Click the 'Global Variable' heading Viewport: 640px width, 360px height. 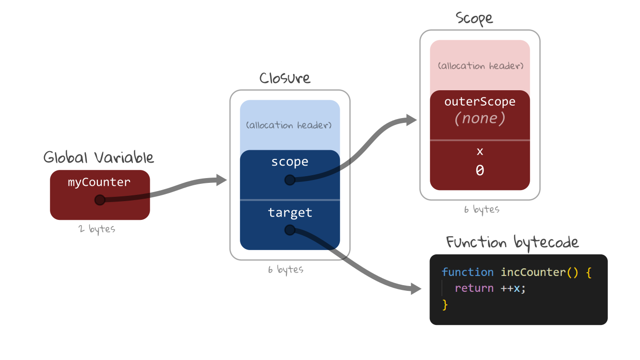(98, 157)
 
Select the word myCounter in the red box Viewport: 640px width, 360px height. (99, 182)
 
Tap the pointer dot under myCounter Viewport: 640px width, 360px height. (99, 200)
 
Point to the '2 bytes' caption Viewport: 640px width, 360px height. (97, 229)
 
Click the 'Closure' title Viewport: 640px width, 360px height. (284, 78)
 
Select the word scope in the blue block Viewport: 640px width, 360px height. (289, 162)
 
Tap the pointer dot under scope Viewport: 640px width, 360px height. (289, 180)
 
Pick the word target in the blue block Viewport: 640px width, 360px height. (290, 212)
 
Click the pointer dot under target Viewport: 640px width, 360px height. (289, 230)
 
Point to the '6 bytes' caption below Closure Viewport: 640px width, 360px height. (285, 270)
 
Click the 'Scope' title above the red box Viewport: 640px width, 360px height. (474, 18)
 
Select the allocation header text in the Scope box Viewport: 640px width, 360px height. (480, 66)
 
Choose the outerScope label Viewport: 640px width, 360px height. (480, 102)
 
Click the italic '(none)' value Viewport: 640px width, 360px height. (480, 118)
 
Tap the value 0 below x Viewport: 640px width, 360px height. (480, 170)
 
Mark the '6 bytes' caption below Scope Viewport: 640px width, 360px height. (481, 210)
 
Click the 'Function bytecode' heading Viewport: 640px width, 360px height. (512, 242)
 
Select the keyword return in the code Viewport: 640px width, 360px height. (474, 288)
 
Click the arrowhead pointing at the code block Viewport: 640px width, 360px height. (415, 288)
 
